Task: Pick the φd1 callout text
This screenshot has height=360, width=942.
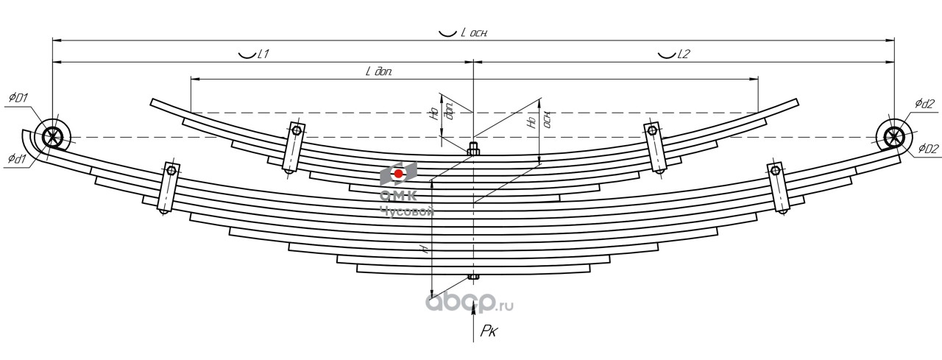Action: coord(18,158)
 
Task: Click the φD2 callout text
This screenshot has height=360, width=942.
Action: coord(928,149)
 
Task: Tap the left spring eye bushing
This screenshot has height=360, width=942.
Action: coord(52,137)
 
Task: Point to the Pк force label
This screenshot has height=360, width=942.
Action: coord(489,331)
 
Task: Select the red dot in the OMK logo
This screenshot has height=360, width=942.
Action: coord(398,174)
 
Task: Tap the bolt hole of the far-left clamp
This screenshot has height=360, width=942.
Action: coord(171,172)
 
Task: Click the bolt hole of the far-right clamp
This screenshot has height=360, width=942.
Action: coord(775,172)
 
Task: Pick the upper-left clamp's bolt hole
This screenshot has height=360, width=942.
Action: coord(296,130)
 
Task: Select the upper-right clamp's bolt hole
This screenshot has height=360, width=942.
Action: coord(651,131)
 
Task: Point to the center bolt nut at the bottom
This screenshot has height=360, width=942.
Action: coord(472,278)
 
